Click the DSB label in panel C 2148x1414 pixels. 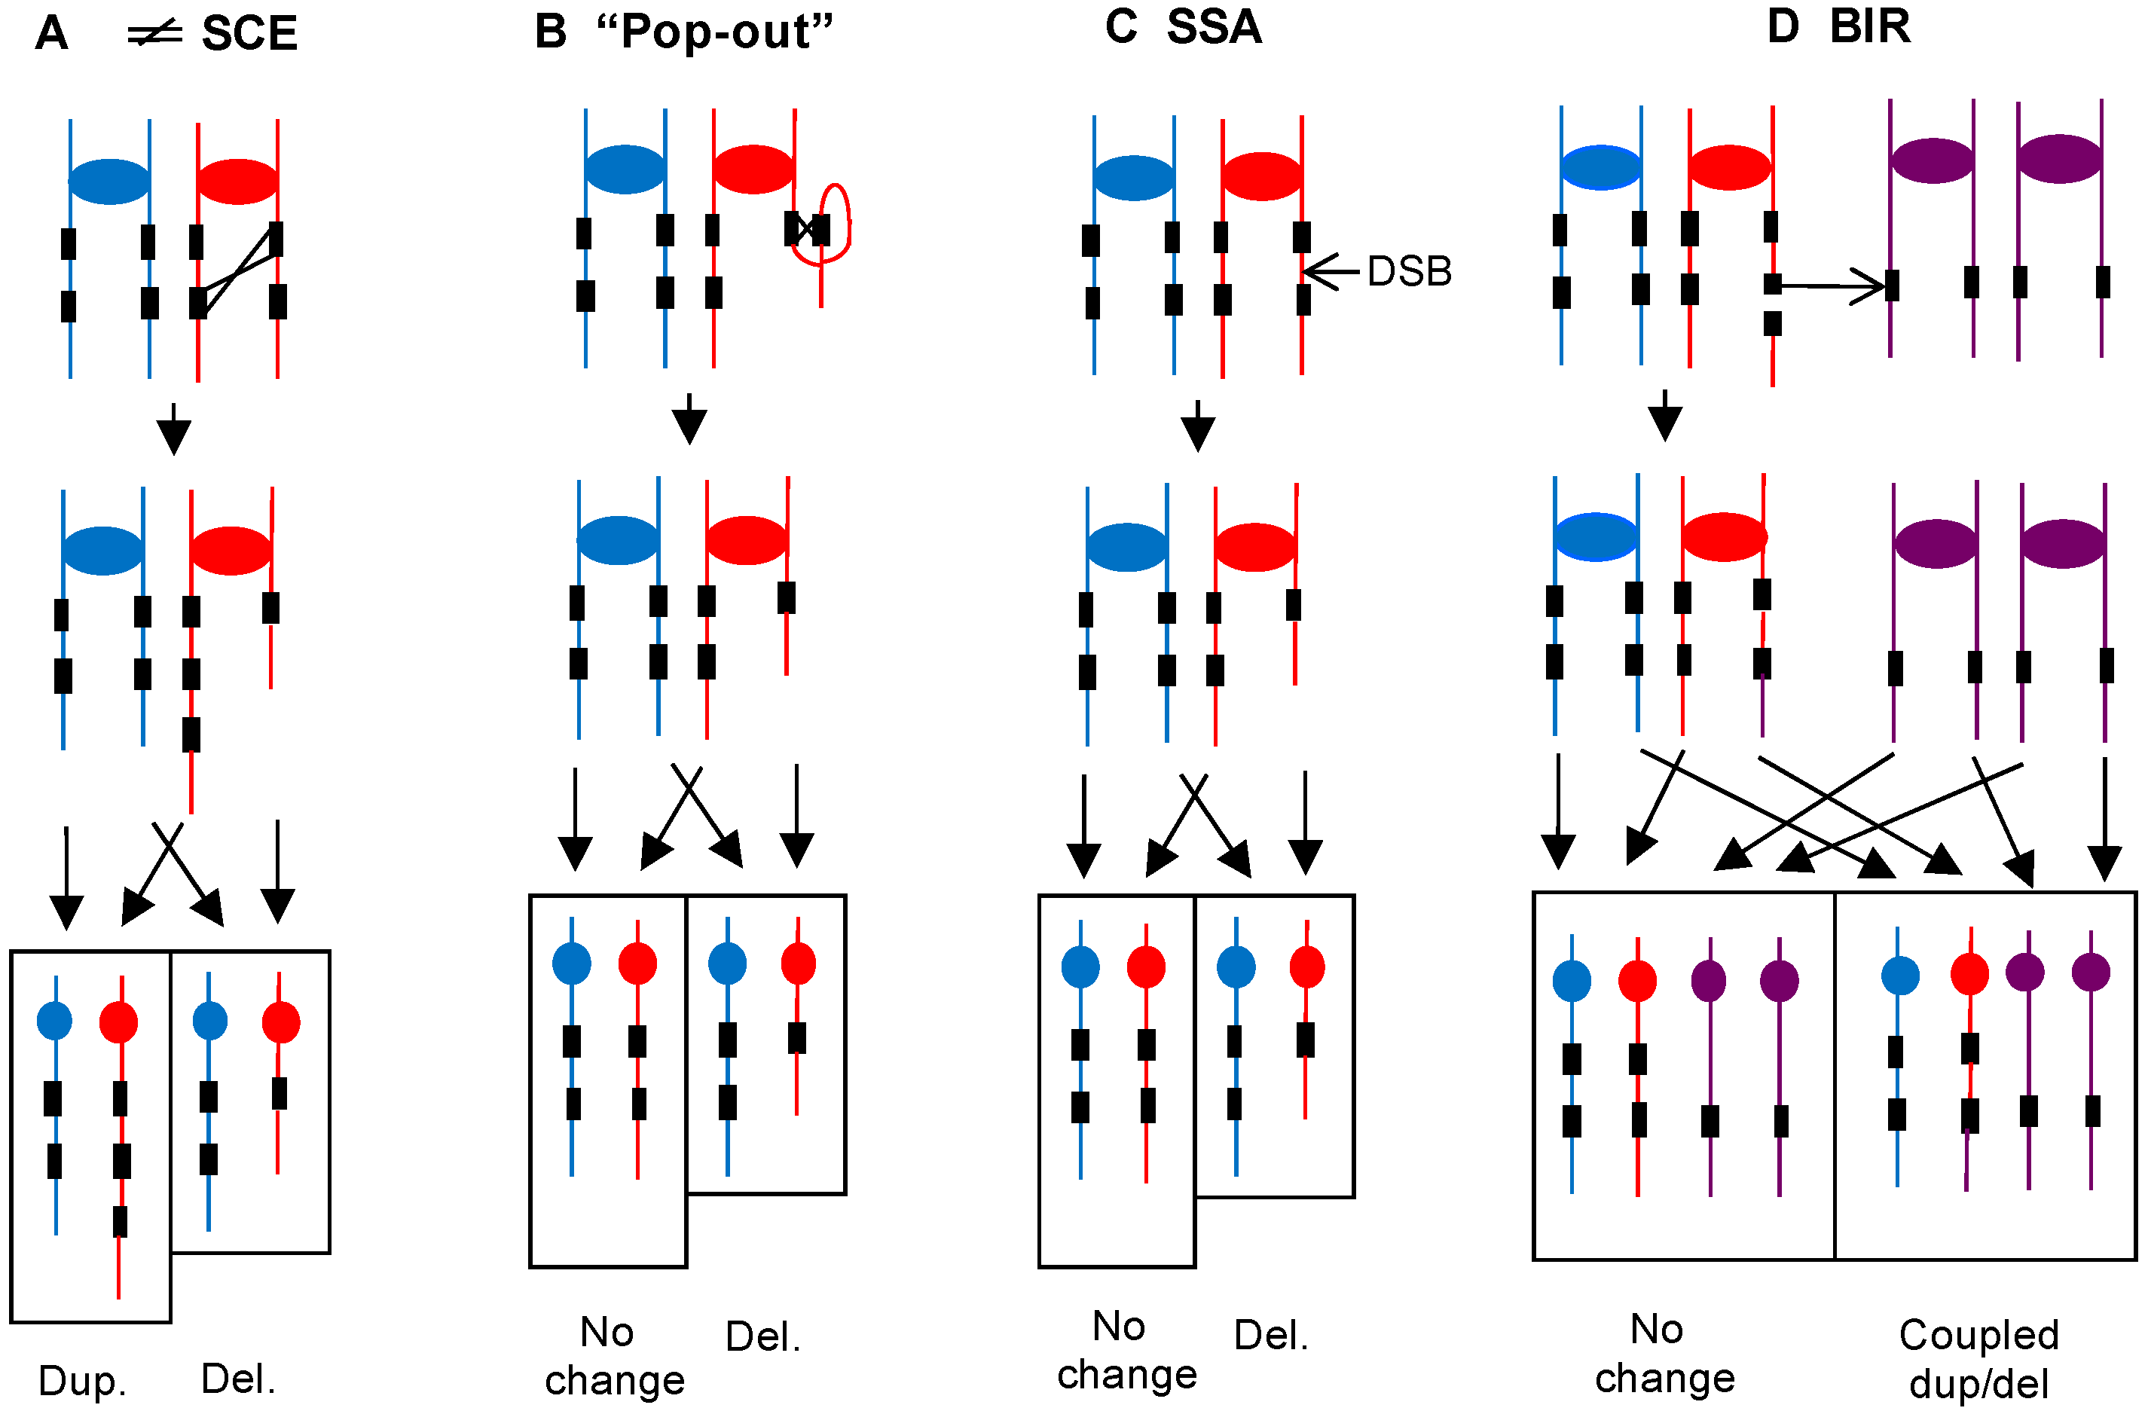1409,272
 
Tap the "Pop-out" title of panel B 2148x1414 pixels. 715,32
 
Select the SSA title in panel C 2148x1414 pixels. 1214,26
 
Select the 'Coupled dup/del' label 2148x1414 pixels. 1978,1358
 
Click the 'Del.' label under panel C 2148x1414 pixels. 1271,1335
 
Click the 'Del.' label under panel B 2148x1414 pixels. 762,1336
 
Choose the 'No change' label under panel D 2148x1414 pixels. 1664,1354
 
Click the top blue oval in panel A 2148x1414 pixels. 109,182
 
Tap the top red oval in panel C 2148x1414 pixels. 1260,176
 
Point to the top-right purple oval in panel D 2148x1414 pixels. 2060,159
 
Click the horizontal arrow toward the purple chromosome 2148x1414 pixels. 1832,287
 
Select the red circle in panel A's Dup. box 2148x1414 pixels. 118,1022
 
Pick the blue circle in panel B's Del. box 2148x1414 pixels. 728,964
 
